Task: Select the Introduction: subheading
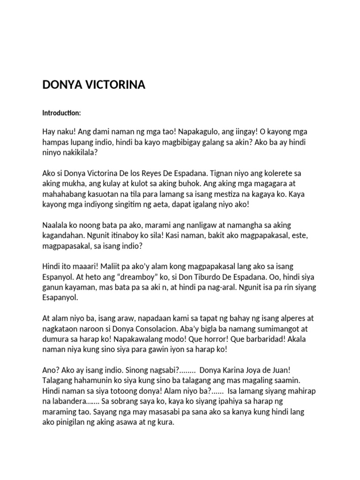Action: point(62,113)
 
